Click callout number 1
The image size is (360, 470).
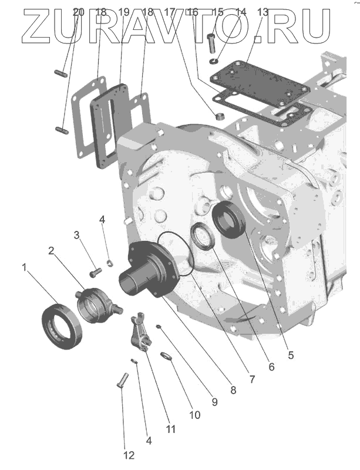pos(25,267)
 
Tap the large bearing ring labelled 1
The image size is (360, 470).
pos(62,324)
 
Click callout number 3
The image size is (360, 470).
pos(76,236)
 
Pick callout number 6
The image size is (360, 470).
pos(271,367)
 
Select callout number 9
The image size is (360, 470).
pos(214,402)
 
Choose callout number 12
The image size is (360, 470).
pos(129,455)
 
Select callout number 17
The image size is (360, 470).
pos(171,12)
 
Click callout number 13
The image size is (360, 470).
pos(263,12)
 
